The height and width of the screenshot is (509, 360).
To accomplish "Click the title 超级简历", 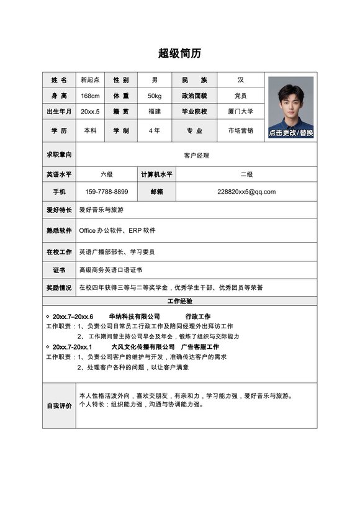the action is point(180,53).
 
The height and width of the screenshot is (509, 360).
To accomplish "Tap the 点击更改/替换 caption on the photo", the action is point(291,133).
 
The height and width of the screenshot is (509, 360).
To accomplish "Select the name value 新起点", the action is point(90,80).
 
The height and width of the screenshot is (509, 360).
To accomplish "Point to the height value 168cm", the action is point(90,96).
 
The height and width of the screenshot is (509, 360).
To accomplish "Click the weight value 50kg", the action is point(155,96).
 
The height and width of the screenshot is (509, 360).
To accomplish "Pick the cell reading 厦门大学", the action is point(241,111).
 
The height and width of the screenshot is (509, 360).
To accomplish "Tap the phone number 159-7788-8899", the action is point(107,192).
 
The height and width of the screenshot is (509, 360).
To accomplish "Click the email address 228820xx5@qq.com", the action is point(246,192).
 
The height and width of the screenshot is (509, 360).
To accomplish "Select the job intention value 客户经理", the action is point(196,155).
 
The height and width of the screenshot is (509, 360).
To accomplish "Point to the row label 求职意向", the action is point(59,154).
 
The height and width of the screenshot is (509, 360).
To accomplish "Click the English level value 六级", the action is point(107,175).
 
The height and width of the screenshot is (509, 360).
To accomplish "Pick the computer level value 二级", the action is point(246,175).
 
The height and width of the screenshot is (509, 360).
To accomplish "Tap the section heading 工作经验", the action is point(180,301).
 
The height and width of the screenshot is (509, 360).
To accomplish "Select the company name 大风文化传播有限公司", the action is point(143,346).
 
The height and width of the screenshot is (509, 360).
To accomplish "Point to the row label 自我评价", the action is point(59,406).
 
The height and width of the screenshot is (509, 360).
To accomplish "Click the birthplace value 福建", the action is point(155,111).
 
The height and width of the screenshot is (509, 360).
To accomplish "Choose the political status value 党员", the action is point(241,96).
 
